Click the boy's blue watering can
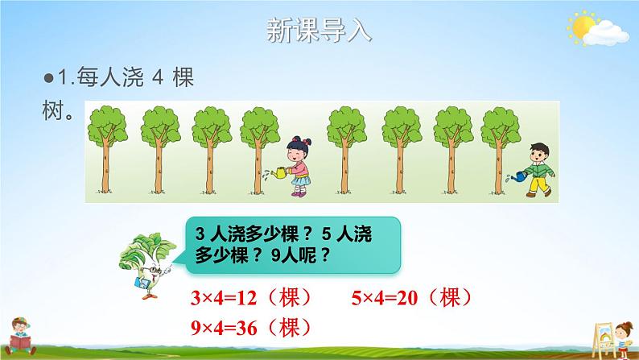(519, 173)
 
